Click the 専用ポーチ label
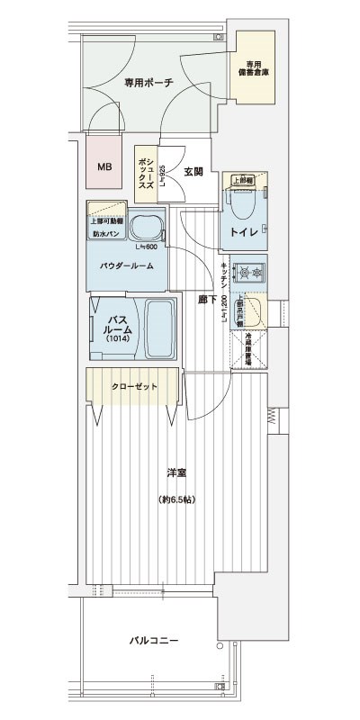click(148, 82)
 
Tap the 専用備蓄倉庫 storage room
click(255, 68)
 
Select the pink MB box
click(105, 166)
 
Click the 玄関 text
click(193, 171)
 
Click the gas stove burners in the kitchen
click(249, 271)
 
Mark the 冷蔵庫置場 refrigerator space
click(249, 351)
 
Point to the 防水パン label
click(105, 234)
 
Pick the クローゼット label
click(134, 386)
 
